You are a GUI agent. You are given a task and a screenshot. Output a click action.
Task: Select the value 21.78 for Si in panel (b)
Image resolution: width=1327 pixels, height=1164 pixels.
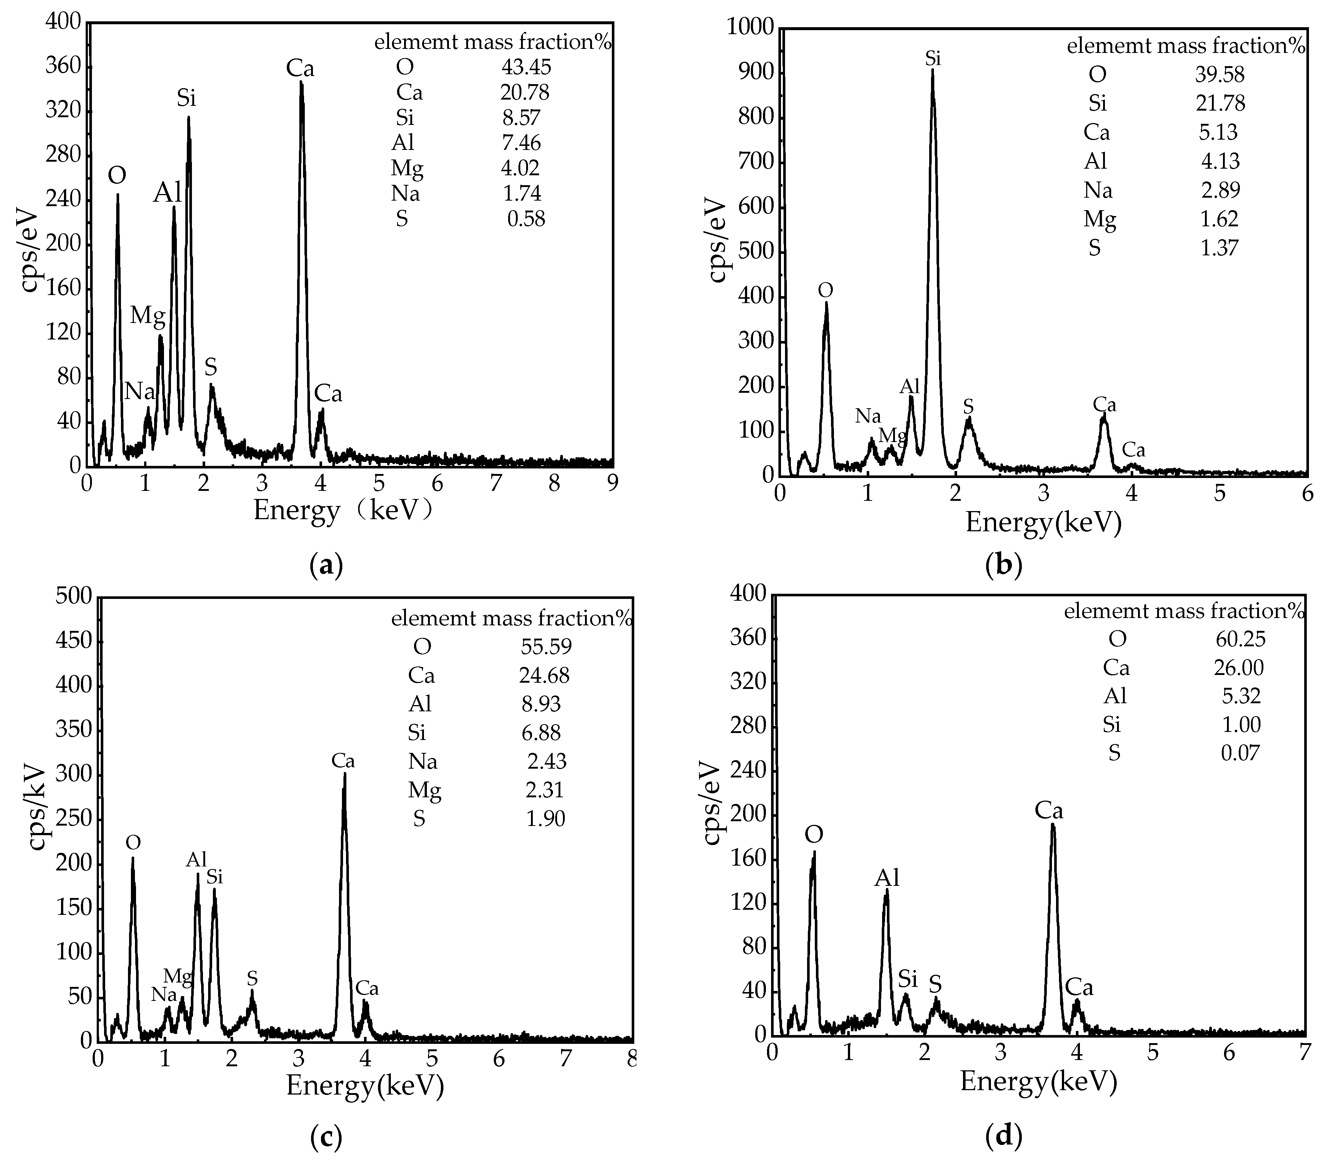click(x=1220, y=103)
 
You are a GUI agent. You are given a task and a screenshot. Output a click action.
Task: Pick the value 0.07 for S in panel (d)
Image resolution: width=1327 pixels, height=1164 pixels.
click(x=1239, y=752)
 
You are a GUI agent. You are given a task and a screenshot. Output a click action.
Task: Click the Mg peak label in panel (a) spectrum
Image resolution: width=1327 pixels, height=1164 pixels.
click(x=148, y=316)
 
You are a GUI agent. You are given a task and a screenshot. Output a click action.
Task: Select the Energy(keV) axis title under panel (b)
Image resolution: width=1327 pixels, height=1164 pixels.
click(x=1043, y=522)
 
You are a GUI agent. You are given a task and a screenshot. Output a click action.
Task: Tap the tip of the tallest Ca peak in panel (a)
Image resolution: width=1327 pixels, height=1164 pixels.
click(x=301, y=82)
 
